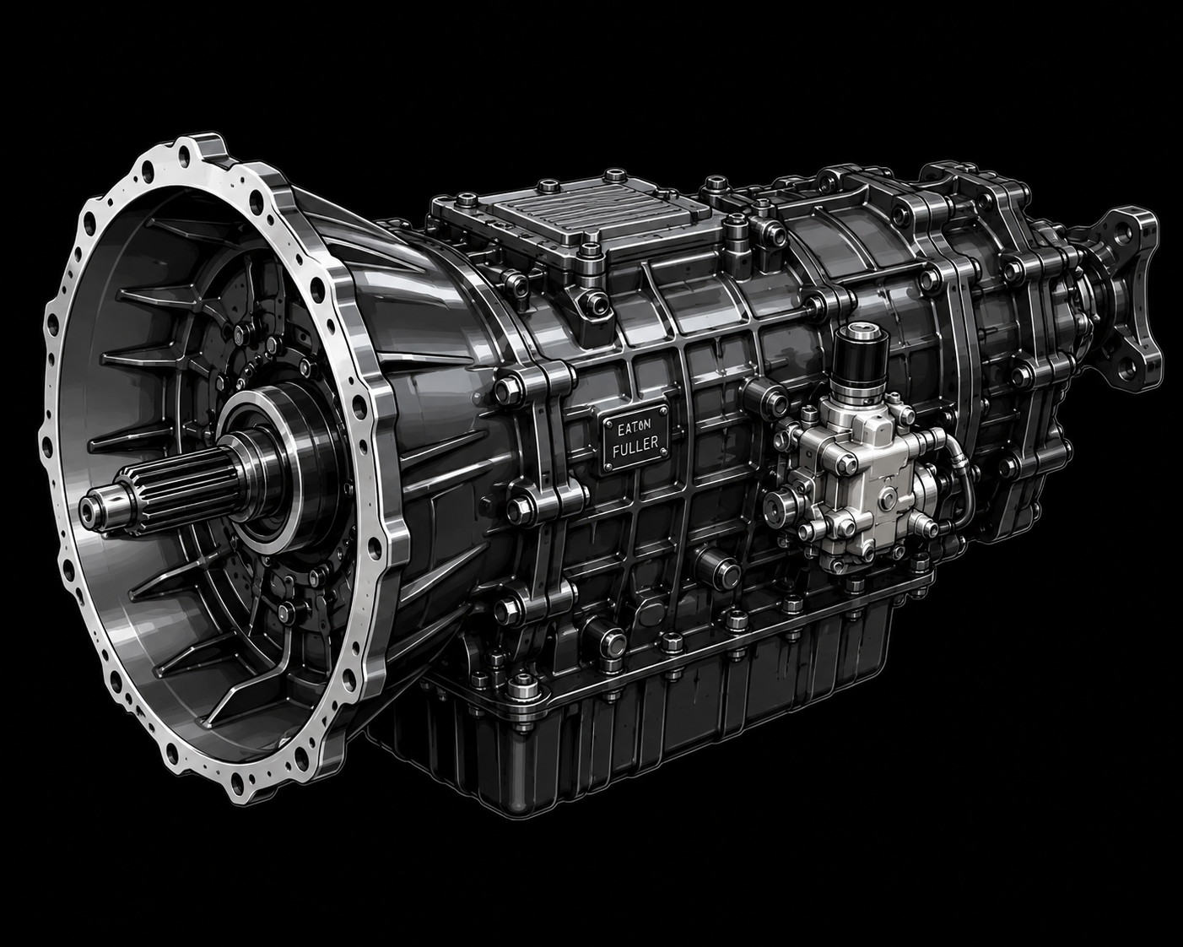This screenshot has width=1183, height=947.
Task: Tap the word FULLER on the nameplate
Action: [x=635, y=444]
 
